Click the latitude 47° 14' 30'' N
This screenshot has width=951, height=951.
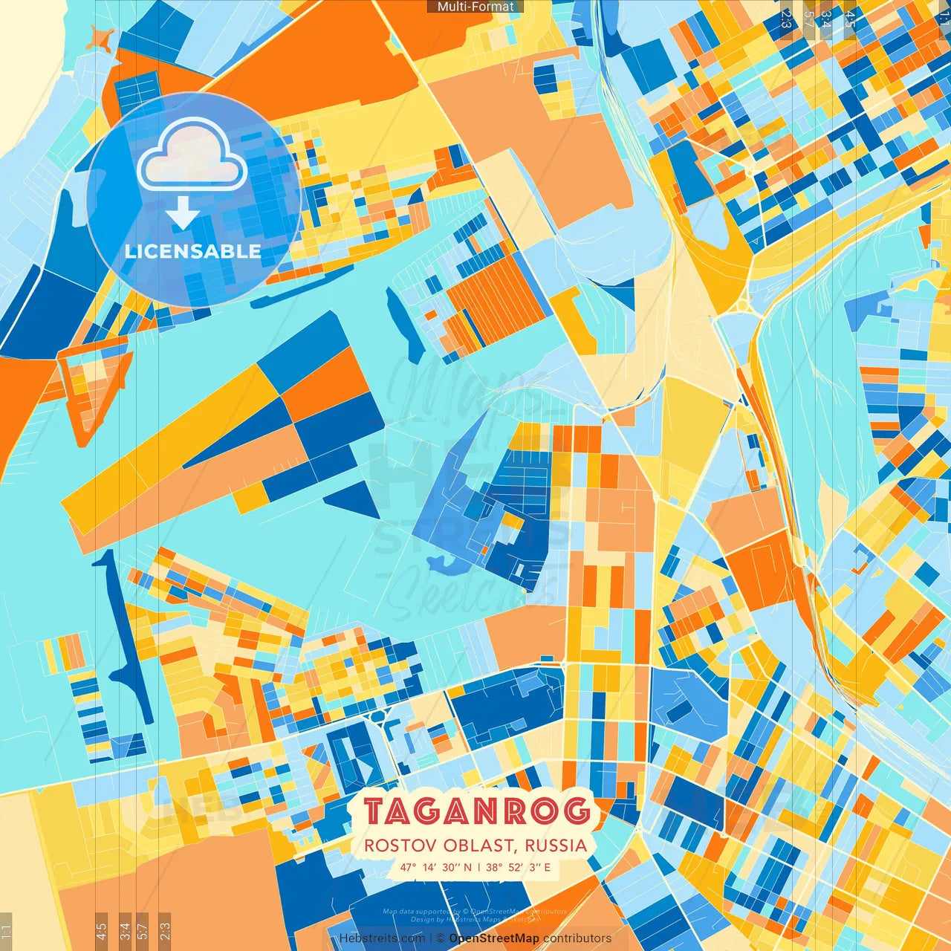tap(435, 867)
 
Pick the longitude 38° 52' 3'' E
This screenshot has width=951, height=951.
tap(519, 867)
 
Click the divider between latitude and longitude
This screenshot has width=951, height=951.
tap(479, 867)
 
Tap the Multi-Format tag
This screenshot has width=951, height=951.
tap(475, 7)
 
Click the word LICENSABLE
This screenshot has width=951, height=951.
tap(193, 251)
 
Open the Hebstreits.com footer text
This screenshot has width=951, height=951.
tap(382, 938)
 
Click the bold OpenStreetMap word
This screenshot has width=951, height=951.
tap(494, 938)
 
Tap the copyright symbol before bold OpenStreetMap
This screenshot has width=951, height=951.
tap(440, 938)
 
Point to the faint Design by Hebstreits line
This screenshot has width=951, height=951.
tap(475, 919)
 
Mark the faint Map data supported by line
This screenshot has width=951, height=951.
tap(475, 911)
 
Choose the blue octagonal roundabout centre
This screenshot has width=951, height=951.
tap(380, 715)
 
